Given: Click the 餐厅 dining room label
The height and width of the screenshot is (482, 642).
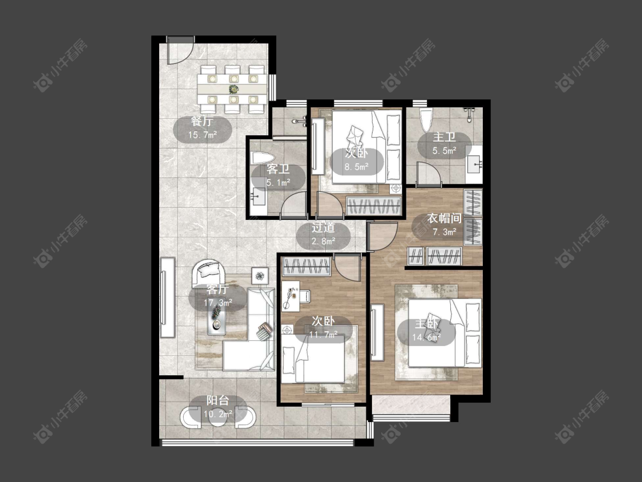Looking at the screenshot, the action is coord(202,121).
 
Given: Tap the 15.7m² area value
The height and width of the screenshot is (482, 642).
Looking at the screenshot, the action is coord(202,135).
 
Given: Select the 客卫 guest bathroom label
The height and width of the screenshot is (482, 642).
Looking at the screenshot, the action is coord(278,169).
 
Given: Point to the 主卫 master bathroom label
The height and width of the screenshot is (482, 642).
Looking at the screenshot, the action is coord(444,137).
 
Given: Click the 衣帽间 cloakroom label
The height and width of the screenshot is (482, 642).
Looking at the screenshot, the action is coord(444,219).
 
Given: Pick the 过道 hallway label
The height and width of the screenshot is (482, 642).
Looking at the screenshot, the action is coord(324,227).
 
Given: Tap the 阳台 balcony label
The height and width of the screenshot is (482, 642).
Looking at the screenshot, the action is coord(218,400).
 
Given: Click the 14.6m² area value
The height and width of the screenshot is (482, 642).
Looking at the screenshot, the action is coord(426,338).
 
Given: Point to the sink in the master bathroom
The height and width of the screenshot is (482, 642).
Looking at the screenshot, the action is coord(474,164).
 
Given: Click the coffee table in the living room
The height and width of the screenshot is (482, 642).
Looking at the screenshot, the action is coord(217,320).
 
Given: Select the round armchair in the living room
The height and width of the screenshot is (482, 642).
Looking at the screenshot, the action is coord(209,272).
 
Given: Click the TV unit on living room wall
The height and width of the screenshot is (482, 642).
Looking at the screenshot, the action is coord(167,297).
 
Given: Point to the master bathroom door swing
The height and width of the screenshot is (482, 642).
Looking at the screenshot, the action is coord(428,174).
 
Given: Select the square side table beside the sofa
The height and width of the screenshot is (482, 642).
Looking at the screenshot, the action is coord(260,275).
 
